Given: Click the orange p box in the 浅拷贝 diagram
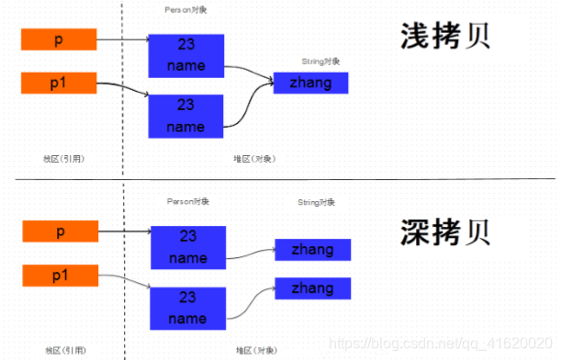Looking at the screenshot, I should [59, 39].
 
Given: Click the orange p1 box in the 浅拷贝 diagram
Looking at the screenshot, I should [59, 84].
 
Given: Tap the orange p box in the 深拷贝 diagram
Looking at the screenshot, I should [61, 231].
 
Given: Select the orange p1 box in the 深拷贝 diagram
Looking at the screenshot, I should [61, 275].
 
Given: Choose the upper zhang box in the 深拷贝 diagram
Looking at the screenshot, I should [312, 249].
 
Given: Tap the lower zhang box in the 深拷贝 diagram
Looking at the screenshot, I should [312, 287].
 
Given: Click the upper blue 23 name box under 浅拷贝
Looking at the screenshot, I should [186, 55].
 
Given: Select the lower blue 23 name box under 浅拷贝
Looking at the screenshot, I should [186, 116].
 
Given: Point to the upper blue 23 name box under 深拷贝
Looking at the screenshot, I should [187, 247].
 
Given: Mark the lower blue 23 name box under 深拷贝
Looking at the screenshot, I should [187, 308].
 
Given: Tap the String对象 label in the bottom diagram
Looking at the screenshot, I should [317, 201].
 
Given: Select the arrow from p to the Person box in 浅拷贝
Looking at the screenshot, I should [121, 39].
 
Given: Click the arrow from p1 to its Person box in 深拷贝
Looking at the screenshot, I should [124, 279].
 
